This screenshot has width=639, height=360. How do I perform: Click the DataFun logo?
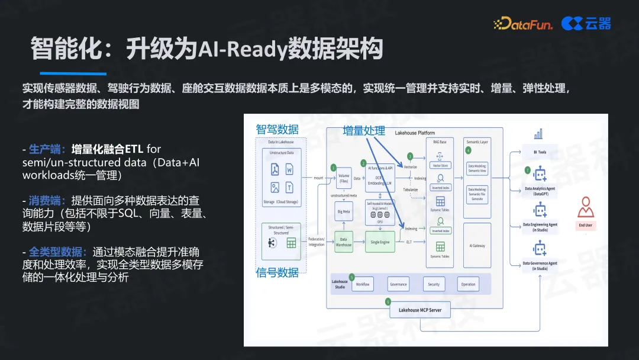[523, 24]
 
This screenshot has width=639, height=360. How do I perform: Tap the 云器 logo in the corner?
[586, 24]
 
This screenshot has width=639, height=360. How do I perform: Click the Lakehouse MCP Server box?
[419, 310]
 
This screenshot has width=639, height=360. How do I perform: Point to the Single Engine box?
[380, 242]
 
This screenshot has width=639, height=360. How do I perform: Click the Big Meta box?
[343, 210]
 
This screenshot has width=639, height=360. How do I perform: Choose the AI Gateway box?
[477, 245]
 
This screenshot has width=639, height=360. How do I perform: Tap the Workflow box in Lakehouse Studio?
[362, 284]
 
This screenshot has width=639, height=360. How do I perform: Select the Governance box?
[398, 284]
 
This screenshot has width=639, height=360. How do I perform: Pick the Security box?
[434, 284]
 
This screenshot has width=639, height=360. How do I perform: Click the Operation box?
[468, 284]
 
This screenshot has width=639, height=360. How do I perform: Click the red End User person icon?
[586, 207]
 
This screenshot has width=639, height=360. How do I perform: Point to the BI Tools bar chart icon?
[538, 135]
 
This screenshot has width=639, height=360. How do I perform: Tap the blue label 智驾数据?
[277, 129]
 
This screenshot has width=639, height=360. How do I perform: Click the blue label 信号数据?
[277, 272]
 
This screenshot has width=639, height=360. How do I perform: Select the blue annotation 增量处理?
[364, 131]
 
